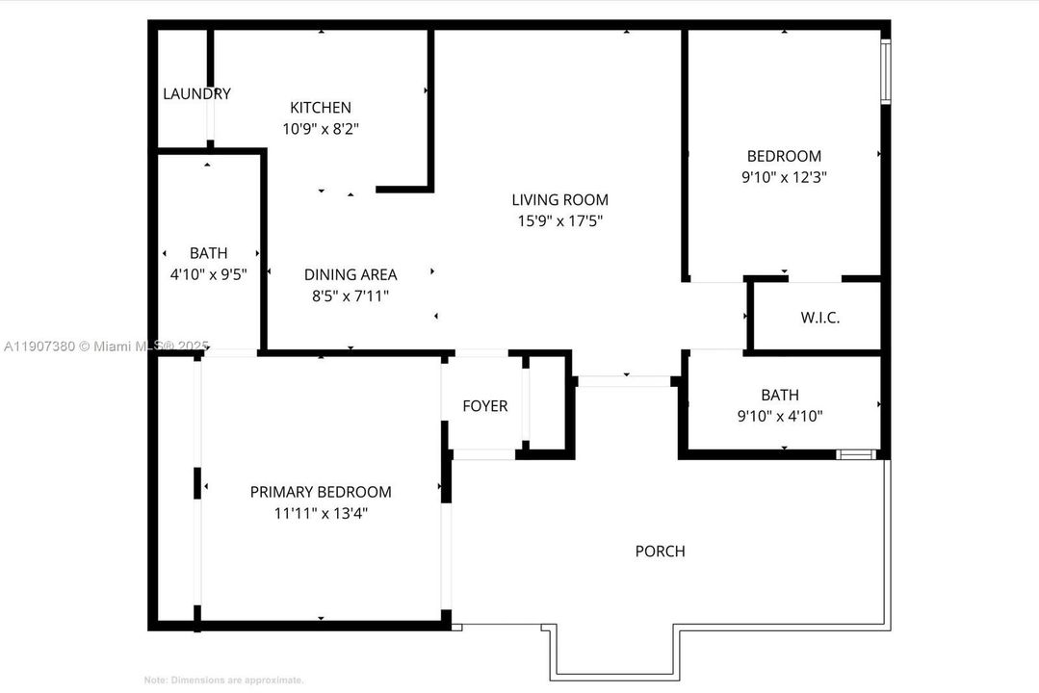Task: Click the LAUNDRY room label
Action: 196,94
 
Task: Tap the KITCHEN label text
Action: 321,108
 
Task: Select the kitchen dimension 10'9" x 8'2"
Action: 321,128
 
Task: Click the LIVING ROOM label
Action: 559,200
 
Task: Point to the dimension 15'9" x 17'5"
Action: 559,220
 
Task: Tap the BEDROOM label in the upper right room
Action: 784,156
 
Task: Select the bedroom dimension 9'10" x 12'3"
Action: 784,177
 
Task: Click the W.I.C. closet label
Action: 820,318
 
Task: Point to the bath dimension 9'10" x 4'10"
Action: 779,416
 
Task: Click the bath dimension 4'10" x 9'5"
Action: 208,274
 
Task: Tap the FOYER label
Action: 484,406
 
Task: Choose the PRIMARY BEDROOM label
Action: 321,492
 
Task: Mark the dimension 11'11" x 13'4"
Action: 321,513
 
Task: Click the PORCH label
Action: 660,552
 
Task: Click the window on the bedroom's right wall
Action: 886,71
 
